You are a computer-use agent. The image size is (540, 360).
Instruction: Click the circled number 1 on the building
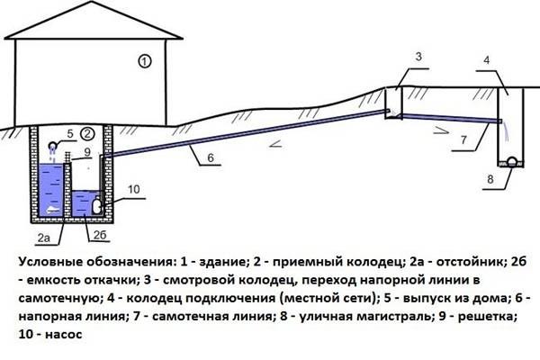145,62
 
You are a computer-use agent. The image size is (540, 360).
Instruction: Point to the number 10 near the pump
133,189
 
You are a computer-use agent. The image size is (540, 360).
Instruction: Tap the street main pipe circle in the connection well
510,162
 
